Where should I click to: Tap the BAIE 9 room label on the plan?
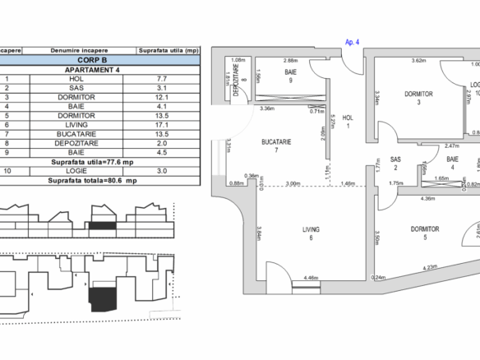pyautogui.click(x=290, y=76)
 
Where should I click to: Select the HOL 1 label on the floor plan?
pyautogui.click(x=348, y=121)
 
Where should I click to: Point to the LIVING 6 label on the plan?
pyautogui.click(x=311, y=233)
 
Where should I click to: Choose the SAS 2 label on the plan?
pyautogui.click(x=395, y=163)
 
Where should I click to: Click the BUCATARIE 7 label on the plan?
pyautogui.click(x=277, y=146)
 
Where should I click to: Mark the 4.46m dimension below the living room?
pyautogui.click(x=311, y=278)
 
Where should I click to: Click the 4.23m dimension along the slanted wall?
pyautogui.click(x=429, y=267)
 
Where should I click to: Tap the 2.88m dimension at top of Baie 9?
pyautogui.click(x=290, y=60)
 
